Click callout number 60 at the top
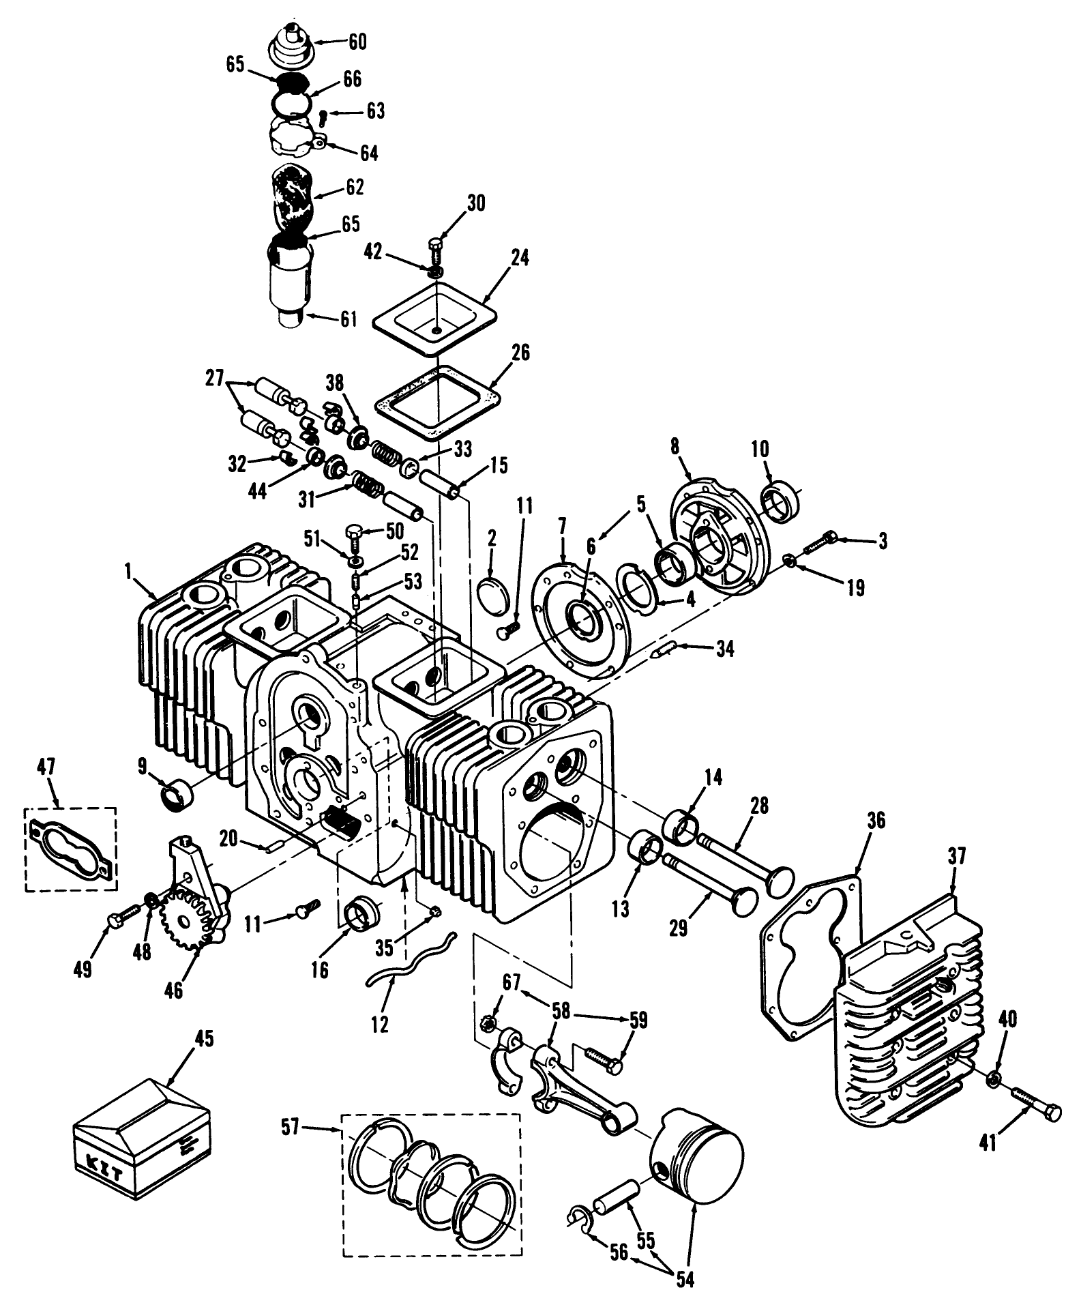pyautogui.click(x=357, y=42)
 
